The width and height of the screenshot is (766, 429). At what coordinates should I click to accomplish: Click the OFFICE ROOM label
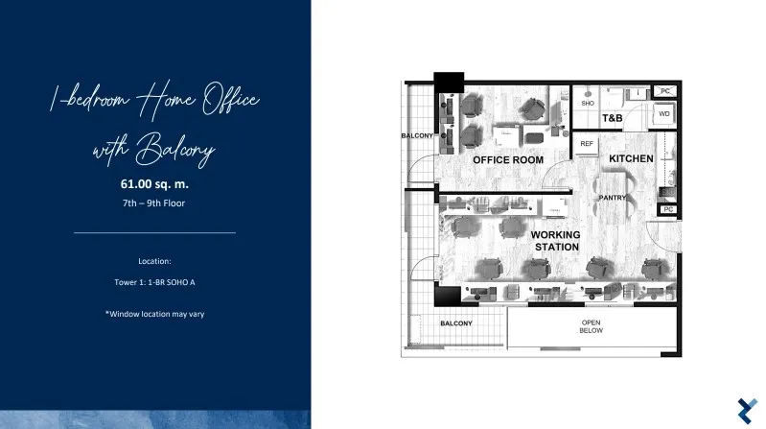pyautogui.click(x=508, y=160)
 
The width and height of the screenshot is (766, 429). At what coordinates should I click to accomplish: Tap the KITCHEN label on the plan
pyautogui.click(x=631, y=158)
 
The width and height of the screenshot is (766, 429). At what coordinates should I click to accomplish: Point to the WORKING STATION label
pyautogui.click(x=556, y=241)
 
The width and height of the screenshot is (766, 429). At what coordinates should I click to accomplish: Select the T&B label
pyautogui.click(x=612, y=118)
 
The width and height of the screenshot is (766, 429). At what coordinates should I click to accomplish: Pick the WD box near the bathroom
pyautogui.click(x=664, y=115)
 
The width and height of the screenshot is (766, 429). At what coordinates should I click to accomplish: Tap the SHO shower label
pyautogui.click(x=588, y=104)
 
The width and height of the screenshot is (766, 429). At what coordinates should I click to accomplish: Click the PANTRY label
pyautogui.click(x=612, y=198)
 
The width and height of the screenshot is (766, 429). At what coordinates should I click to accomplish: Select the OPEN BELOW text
pyautogui.click(x=592, y=326)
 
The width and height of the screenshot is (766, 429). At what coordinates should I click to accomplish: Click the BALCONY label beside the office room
pyautogui.click(x=417, y=135)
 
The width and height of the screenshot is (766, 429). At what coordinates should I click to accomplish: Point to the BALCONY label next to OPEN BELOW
pyautogui.click(x=456, y=323)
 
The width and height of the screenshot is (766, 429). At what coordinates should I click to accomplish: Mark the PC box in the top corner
pyautogui.click(x=665, y=91)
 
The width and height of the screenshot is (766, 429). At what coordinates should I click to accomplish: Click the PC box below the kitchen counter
pyautogui.click(x=668, y=209)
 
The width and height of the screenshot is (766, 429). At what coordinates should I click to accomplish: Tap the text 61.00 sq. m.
pyautogui.click(x=154, y=184)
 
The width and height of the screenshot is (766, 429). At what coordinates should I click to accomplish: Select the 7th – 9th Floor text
pyautogui.click(x=154, y=203)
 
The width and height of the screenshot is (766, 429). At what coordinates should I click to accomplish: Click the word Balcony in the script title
pyautogui.click(x=175, y=149)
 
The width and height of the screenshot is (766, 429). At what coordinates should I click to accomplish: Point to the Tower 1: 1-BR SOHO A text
pyautogui.click(x=154, y=282)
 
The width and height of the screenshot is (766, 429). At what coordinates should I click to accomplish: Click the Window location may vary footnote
pyautogui.click(x=155, y=314)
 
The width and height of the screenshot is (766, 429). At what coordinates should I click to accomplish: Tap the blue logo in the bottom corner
pyautogui.click(x=748, y=411)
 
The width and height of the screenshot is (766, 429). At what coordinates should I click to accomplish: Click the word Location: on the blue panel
pyautogui.click(x=154, y=261)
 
